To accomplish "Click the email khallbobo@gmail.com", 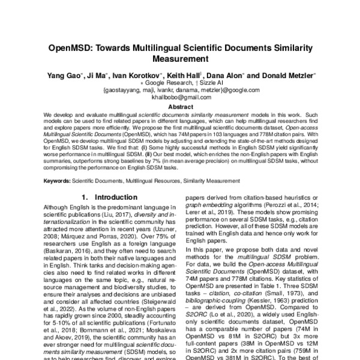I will tap(180, 97).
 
